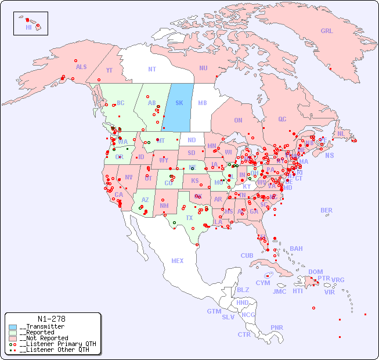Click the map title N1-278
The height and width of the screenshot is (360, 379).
(x=51, y=319)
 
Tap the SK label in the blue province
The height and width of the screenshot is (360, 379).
(x=179, y=103)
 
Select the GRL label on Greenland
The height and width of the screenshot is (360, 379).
(x=327, y=31)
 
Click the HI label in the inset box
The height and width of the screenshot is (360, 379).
(x=28, y=27)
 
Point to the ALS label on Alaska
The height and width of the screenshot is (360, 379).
(x=81, y=67)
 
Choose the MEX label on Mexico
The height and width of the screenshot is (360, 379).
(x=177, y=261)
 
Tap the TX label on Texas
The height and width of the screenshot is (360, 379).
(x=189, y=218)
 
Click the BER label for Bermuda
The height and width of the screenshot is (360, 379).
(x=326, y=210)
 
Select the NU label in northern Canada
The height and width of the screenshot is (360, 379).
(x=203, y=68)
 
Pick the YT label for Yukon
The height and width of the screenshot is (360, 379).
(x=109, y=70)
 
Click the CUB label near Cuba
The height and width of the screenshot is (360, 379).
(x=247, y=255)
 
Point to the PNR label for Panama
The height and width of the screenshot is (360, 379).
(x=277, y=327)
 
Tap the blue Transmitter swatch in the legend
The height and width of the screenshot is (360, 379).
(x=13, y=327)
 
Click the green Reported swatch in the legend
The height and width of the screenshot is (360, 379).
(x=13, y=333)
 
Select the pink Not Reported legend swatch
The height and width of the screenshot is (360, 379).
(x=13, y=338)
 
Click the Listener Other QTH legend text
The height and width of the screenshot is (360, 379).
(x=56, y=350)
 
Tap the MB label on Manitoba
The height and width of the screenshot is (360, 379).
(x=202, y=103)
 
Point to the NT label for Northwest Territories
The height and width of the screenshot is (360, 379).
(x=151, y=69)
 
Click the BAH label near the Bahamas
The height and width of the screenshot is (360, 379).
(x=296, y=249)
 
